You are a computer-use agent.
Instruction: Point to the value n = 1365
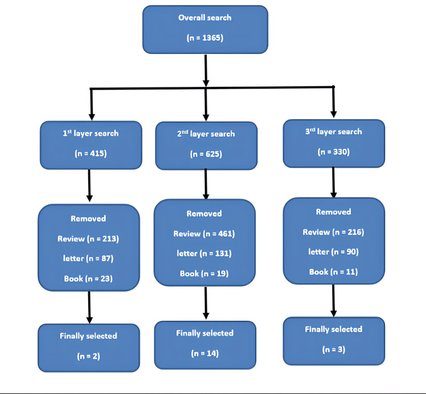click(x=205, y=39)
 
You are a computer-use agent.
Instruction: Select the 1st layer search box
click(x=90, y=145)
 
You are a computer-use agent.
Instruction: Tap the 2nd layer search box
click(x=206, y=146)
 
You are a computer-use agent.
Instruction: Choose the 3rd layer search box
click(x=333, y=143)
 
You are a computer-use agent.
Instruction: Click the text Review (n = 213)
click(x=88, y=239)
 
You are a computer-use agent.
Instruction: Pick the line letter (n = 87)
click(x=88, y=259)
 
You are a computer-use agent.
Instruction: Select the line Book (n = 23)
click(x=88, y=279)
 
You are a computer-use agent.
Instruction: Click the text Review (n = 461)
click(x=204, y=234)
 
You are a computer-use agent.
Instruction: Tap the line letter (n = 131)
click(x=204, y=254)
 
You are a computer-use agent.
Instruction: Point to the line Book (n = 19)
click(x=204, y=273)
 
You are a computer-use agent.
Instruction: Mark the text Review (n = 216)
click(x=333, y=232)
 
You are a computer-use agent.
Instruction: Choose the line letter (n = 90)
click(x=333, y=252)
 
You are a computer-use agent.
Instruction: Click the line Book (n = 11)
click(x=333, y=272)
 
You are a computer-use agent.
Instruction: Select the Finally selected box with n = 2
click(x=88, y=347)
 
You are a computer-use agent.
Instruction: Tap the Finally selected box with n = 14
click(x=205, y=343)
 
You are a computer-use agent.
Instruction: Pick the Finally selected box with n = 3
click(x=333, y=340)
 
